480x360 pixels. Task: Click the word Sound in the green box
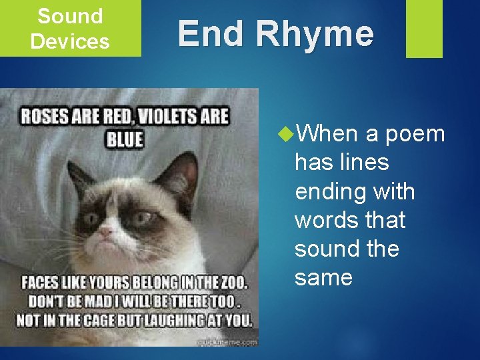point(70,16)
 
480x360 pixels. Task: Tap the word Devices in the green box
point(70,41)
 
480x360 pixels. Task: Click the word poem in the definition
point(415,134)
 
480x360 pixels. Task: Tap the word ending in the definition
point(325,192)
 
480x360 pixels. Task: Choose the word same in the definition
point(323,277)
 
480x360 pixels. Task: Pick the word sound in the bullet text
point(327,249)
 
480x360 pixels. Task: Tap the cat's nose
point(105,232)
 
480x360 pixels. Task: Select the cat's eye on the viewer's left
point(91,217)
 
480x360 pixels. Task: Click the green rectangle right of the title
point(424,29)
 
